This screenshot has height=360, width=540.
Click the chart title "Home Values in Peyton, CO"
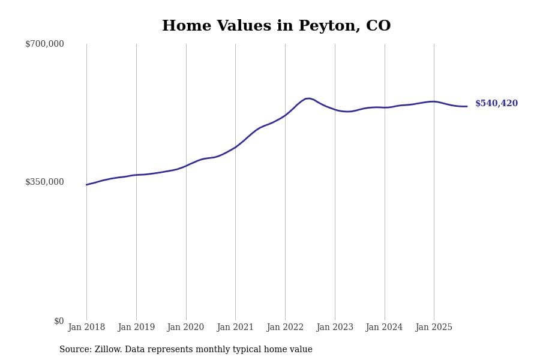click(x=276, y=26)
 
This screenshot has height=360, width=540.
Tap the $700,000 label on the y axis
click(x=44, y=44)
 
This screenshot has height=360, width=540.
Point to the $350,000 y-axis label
click(x=44, y=182)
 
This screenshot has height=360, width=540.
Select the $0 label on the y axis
click(x=59, y=321)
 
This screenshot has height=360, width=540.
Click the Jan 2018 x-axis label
click(x=86, y=328)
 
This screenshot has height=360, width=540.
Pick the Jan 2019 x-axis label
click(x=136, y=328)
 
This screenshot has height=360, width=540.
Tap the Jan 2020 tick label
click(x=185, y=328)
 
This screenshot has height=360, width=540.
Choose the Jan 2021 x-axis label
click(x=235, y=328)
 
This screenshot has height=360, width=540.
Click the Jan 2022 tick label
click(x=285, y=328)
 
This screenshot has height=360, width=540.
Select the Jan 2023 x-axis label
click(x=335, y=328)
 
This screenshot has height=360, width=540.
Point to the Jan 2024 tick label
click(x=384, y=328)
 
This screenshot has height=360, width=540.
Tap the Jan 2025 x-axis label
click(x=434, y=328)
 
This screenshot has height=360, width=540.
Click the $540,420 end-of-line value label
click(x=496, y=104)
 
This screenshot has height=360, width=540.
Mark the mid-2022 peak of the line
click(x=308, y=98)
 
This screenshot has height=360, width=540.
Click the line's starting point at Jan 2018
click(x=86, y=185)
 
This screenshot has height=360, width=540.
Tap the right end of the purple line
click(x=467, y=106)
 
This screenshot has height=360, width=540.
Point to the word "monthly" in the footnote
click(x=231, y=350)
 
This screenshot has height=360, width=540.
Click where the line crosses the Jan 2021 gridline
click(x=235, y=148)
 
